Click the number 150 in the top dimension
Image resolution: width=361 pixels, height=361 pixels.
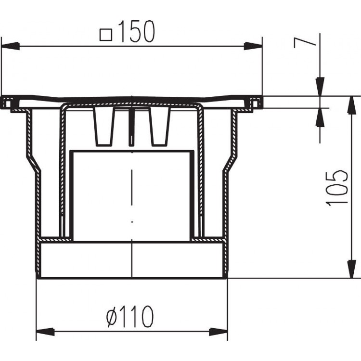tap(136, 32)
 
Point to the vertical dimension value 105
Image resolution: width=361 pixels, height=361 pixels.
tap(337, 188)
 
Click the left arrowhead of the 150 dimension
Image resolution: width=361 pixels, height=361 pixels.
tap(9, 46)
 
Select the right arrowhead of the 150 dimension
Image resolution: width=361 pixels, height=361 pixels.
tap(254, 46)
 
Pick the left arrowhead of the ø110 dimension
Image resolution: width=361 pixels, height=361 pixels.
tap(44, 332)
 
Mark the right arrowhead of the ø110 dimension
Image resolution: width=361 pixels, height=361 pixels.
tap(219, 332)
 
